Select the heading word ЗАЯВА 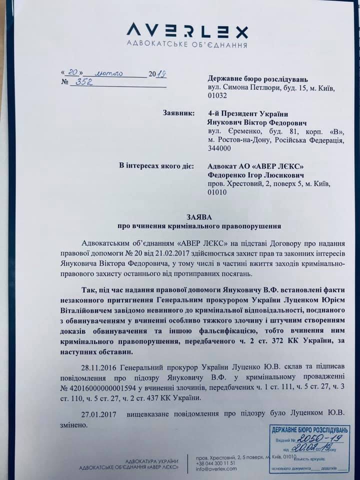[202, 217]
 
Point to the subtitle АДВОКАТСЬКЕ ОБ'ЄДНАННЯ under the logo [186, 45]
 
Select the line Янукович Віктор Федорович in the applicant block [249, 122]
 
